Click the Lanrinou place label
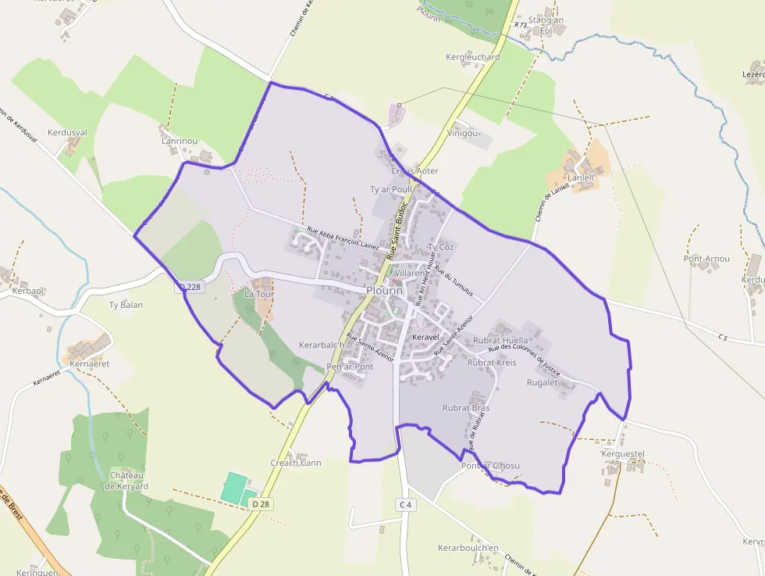[180, 141]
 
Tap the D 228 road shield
[189, 287]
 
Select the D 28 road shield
[261, 505]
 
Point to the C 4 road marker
[404, 504]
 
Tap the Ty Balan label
[126, 305]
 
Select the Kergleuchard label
[472, 57]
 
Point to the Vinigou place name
[462, 133]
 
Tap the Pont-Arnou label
[706, 259]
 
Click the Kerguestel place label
[622, 453]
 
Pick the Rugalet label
[543, 382]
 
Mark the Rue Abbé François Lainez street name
[343, 238]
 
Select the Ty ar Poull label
[390, 189]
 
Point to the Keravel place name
[425, 338]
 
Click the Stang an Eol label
[546, 25]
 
